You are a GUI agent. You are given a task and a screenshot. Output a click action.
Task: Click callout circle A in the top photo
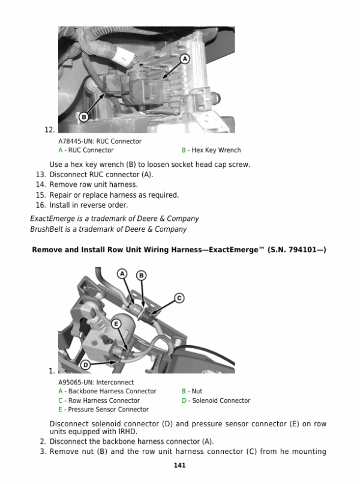(184, 59)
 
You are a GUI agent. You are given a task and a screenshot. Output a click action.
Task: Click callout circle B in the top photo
(84, 116)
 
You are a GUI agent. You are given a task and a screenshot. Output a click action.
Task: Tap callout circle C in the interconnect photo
(178, 297)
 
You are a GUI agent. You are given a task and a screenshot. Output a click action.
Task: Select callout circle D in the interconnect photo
(86, 365)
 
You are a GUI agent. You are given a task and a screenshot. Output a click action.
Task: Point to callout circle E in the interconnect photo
(117, 323)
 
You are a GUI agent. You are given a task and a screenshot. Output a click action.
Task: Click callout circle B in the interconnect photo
(141, 276)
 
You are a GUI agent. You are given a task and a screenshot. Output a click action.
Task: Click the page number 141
(179, 465)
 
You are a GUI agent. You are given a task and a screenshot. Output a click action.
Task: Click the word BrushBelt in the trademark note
(46, 229)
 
